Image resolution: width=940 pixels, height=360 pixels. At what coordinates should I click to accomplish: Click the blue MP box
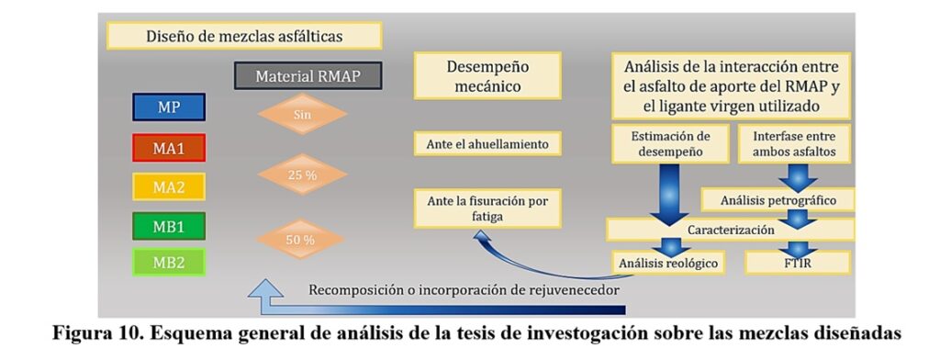169,107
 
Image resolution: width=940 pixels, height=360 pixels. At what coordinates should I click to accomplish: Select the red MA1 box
169,148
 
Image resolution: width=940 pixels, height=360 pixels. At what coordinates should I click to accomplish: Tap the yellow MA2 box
169,186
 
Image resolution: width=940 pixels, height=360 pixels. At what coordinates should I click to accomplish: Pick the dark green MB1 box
169,226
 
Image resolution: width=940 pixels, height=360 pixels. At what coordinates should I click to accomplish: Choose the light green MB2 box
169,263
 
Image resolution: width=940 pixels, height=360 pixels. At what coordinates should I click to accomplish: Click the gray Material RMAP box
308,75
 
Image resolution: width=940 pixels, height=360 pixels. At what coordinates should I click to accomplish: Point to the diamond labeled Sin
303,113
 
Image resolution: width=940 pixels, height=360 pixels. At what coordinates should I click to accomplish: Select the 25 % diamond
303,174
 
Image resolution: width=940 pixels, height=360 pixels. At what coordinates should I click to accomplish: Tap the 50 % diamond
300,240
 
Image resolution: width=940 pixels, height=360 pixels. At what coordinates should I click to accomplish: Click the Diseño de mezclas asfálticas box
244,36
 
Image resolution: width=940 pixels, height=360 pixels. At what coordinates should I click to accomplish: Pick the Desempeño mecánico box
487,75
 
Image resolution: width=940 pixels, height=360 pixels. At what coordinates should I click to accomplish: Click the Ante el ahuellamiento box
487,144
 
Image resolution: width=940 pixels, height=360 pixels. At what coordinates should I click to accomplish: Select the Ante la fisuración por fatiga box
487,208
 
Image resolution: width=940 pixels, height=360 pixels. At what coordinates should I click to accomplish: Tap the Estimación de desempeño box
670,144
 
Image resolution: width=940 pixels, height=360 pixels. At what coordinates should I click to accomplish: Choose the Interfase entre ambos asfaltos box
794,144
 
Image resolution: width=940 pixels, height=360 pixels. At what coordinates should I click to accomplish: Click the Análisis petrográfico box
778,200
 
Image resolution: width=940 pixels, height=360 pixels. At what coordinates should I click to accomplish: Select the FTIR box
798,263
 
